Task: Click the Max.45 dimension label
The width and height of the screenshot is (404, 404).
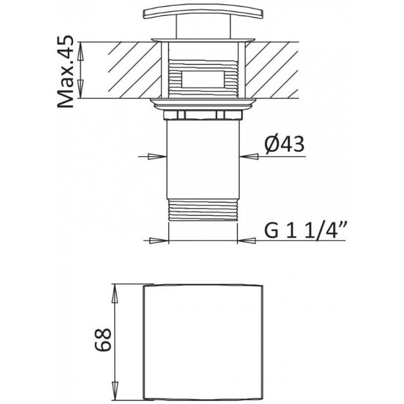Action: point(65,72)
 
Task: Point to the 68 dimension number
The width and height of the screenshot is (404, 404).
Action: point(103,340)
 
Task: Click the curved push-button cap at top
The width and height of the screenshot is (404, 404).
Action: point(203,13)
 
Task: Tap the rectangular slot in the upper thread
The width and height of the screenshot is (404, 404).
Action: point(203,79)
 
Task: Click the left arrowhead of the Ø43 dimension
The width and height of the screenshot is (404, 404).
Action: point(157,157)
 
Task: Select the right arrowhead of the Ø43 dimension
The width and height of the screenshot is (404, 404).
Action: point(249,157)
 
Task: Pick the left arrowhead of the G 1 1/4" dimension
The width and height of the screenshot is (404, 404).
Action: point(159,240)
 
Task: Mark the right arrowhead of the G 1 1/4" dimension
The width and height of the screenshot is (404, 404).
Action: point(246,240)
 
